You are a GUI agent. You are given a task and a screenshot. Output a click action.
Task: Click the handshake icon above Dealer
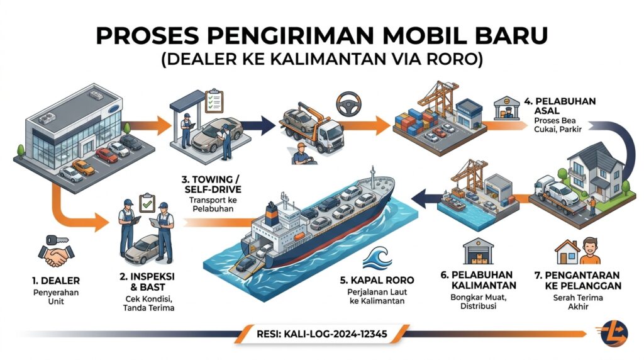tap(56, 256)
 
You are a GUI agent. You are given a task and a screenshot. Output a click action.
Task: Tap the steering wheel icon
tap(348, 104)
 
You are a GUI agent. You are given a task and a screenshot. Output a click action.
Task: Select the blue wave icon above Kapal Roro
tap(377, 257)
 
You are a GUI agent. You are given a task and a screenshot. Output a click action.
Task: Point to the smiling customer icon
tap(590, 251)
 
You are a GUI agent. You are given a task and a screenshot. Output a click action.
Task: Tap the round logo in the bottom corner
tap(614, 334)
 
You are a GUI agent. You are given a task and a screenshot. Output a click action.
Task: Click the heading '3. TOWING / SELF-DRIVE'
tap(213, 184)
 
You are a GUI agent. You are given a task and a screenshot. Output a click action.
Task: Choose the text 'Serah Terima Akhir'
tap(578, 302)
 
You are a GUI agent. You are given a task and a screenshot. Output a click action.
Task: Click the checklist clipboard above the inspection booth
tap(214, 101)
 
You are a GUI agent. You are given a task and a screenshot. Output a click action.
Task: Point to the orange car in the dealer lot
tap(84, 167)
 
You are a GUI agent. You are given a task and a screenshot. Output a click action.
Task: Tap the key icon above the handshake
tap(57, 240)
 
